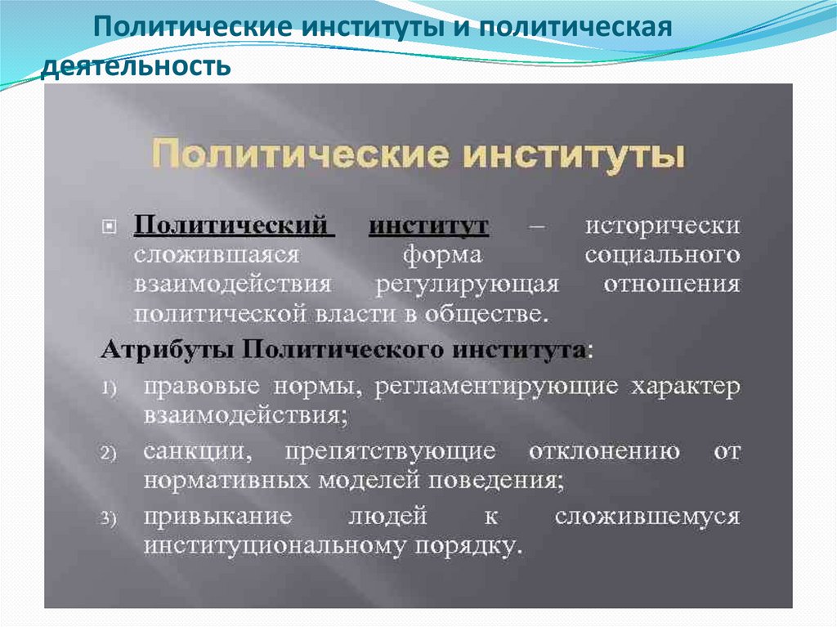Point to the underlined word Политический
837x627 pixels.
click(235, 225)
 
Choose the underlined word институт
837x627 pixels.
click(428, 225)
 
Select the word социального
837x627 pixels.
click(662, 254)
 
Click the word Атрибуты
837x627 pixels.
click(167, 350)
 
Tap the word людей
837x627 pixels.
click(387, 516)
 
